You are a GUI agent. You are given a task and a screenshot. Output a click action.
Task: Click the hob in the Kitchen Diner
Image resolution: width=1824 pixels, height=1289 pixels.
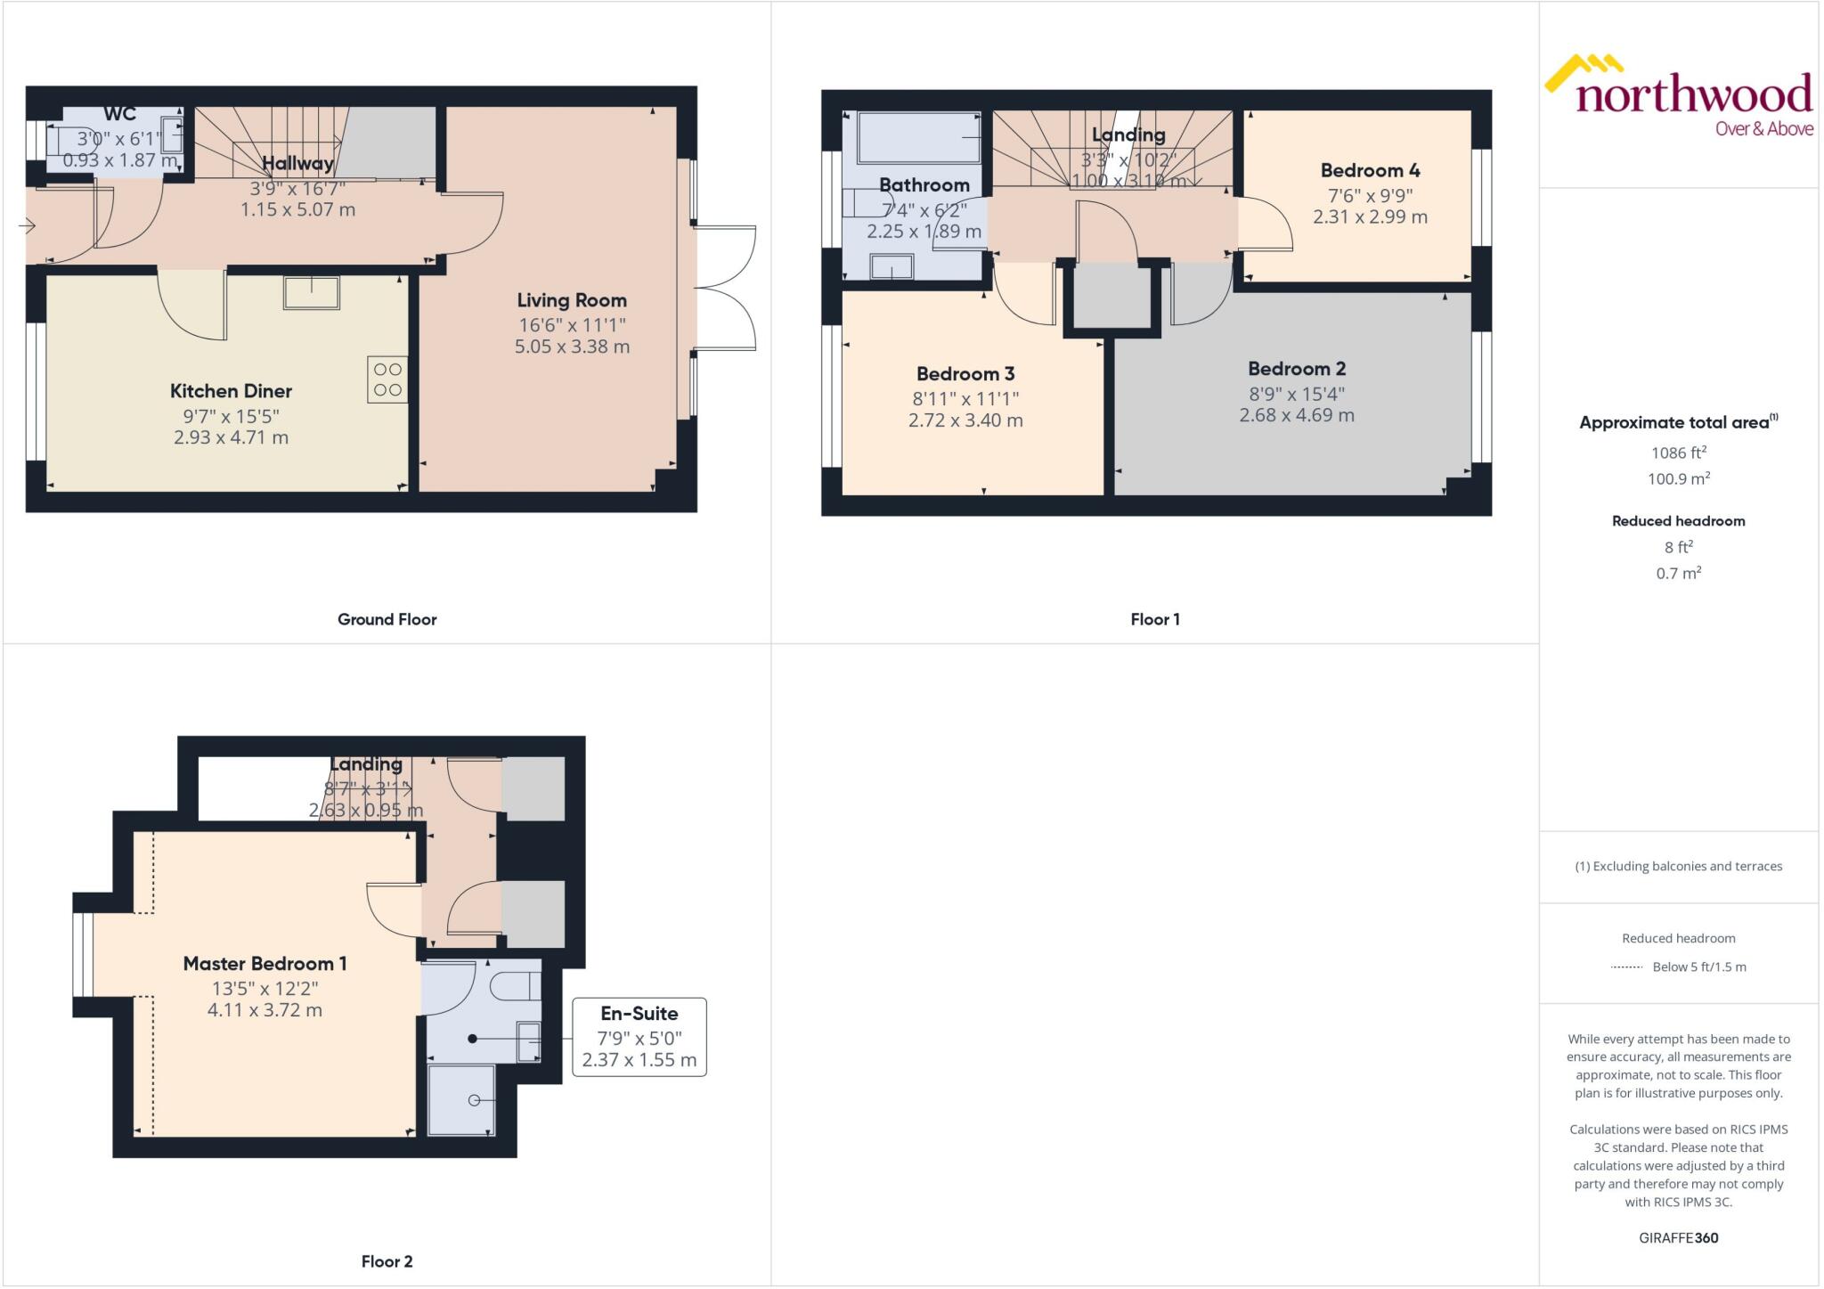point(387,379)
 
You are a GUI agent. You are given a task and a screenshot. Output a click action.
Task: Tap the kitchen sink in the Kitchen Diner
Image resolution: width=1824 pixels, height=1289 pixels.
point(311,292)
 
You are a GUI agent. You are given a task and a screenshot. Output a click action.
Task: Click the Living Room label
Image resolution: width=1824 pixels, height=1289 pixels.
point(572,301)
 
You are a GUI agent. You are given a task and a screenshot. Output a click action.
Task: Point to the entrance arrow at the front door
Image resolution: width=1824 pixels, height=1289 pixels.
point(27,226)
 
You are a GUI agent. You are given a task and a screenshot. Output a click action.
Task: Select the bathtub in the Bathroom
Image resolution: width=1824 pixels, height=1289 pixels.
point(918,138)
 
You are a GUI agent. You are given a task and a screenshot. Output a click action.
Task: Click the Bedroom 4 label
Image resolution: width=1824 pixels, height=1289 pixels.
point(1370,170)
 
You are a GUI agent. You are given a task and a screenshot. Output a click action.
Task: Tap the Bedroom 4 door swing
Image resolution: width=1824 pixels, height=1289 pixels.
point(1265,224)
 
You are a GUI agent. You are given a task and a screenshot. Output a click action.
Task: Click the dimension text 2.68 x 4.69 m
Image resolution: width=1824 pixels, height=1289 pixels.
point(1297,415)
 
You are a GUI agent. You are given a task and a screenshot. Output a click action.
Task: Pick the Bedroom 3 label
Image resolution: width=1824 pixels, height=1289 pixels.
point(965,374)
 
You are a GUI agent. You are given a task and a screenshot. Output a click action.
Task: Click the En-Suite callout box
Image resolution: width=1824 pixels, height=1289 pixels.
point(639,1036)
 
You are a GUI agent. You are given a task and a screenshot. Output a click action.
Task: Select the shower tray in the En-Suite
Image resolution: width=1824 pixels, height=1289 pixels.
point(460,1100)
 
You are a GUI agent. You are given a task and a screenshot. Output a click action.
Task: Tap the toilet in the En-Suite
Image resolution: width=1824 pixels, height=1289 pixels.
point(517,987)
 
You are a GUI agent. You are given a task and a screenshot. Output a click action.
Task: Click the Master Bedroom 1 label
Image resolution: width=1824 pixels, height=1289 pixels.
point(265,964)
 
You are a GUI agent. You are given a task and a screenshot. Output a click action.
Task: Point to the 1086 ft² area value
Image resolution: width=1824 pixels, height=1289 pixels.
point(1678,453)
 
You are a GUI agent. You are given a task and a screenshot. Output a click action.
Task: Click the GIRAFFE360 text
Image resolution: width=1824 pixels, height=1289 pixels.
point(1678,1237)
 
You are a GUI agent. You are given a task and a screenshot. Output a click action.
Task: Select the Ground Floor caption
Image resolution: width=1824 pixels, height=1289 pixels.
point(387,619)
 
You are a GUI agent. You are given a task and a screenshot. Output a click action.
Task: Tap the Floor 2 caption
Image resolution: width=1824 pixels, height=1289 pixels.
point(387,1261)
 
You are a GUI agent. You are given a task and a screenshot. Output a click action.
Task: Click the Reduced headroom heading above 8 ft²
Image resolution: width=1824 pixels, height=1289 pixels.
point(1678,521)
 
